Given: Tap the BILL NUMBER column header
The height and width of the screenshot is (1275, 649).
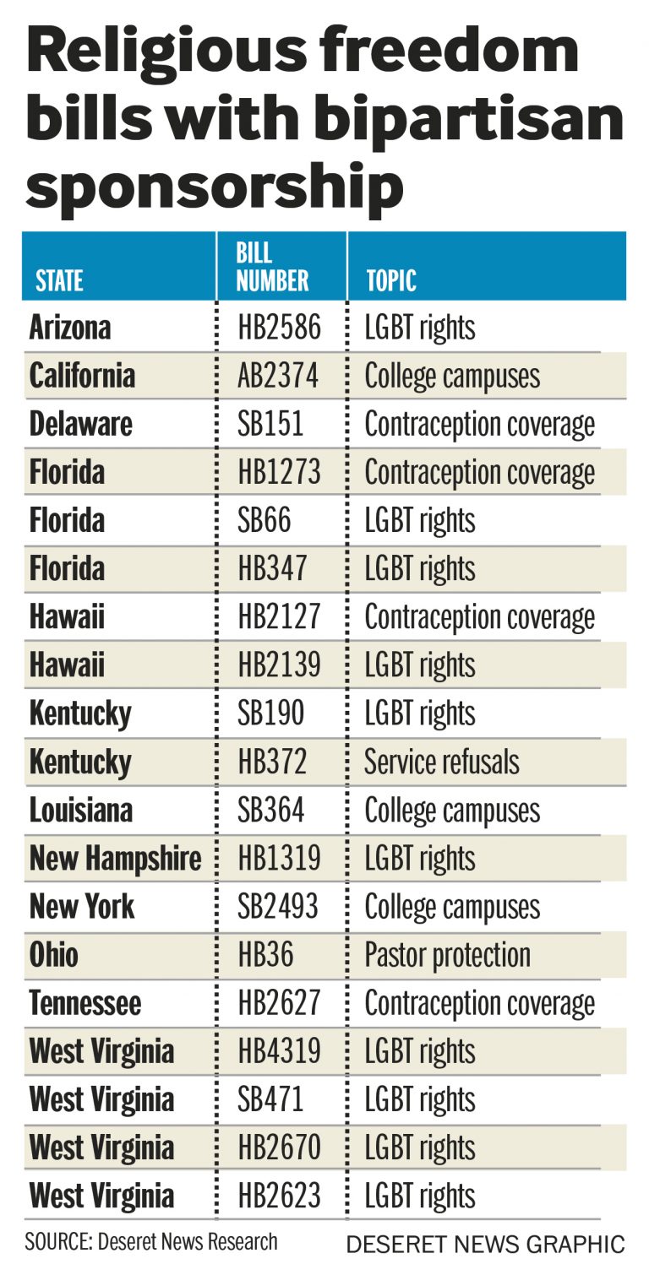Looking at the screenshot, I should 272,267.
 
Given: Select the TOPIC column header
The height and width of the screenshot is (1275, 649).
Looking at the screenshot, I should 391,280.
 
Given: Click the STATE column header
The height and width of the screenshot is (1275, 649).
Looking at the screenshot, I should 59,280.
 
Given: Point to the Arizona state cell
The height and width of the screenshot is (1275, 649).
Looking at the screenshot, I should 70,328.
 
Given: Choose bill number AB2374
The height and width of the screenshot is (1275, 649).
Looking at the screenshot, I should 278,376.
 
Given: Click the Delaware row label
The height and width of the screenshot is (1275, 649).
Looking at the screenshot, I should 81,424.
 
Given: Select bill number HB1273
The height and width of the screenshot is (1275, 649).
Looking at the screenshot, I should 279,472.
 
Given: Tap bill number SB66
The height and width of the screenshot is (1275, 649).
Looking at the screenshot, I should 264,520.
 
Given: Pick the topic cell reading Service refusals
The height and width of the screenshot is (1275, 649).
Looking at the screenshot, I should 442,762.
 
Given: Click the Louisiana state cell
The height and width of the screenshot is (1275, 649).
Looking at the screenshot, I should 81,811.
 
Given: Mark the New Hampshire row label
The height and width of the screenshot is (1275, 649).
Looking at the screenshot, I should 116,859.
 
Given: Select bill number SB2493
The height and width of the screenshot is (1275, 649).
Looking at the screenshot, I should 278,907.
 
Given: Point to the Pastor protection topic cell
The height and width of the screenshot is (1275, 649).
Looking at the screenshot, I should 447,955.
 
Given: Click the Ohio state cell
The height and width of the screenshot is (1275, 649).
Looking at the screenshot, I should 54,955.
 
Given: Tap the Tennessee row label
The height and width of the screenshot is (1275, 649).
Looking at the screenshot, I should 85,1003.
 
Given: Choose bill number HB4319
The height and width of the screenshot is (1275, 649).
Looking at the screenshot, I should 279,1051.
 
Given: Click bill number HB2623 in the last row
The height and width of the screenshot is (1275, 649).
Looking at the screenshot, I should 279,1196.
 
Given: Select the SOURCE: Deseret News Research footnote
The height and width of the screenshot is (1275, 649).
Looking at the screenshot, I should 151,1241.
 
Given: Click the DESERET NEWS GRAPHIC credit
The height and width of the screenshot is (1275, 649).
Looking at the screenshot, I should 486,1244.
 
